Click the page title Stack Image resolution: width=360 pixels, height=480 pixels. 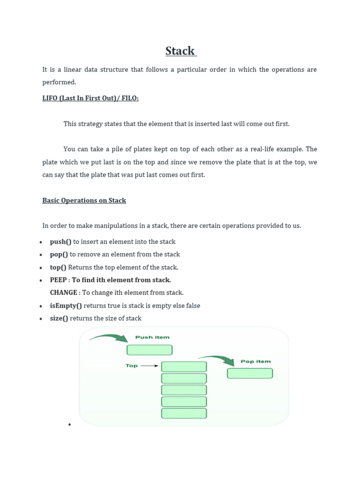tap(180, 51)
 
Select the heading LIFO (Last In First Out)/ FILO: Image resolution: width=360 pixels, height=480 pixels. tap(90, 98)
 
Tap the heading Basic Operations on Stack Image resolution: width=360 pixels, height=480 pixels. tap(84, 200)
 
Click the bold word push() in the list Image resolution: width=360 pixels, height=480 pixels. tap(60, 242)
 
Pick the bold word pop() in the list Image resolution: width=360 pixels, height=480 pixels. tap(59, 255)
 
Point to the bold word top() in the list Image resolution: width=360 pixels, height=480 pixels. tap(58, 267)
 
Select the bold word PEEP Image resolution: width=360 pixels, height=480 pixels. tap(59, 280)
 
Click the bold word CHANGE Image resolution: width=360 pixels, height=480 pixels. tap(64, 292)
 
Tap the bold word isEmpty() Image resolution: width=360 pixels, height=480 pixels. tap(66, 306)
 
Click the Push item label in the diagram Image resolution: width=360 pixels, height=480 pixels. tap(152, 337)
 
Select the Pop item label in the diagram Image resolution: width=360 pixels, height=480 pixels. tap(255, 361)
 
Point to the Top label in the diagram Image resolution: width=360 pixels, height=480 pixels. tap(131, 366)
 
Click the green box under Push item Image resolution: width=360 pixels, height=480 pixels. tap(150, 350)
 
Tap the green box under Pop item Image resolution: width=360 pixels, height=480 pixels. tap(250, 374)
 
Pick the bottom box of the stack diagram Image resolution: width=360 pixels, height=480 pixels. tap(184, 413)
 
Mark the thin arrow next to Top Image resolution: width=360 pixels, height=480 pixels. tap(150, 366)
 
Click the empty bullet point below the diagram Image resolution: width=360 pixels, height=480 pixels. tap(69, 425)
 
